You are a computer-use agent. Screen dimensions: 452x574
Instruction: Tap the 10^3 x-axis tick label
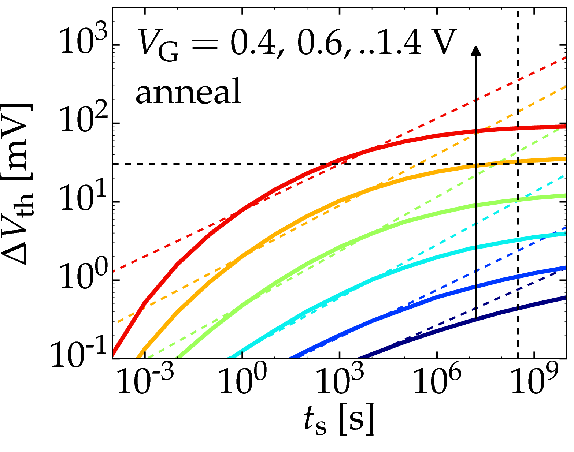340,382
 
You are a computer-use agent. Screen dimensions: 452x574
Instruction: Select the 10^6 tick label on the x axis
437,382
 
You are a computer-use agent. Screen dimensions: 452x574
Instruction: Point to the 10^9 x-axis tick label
534,382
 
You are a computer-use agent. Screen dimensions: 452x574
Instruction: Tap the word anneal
189,91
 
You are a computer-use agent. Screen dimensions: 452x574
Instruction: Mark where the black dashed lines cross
518,164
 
